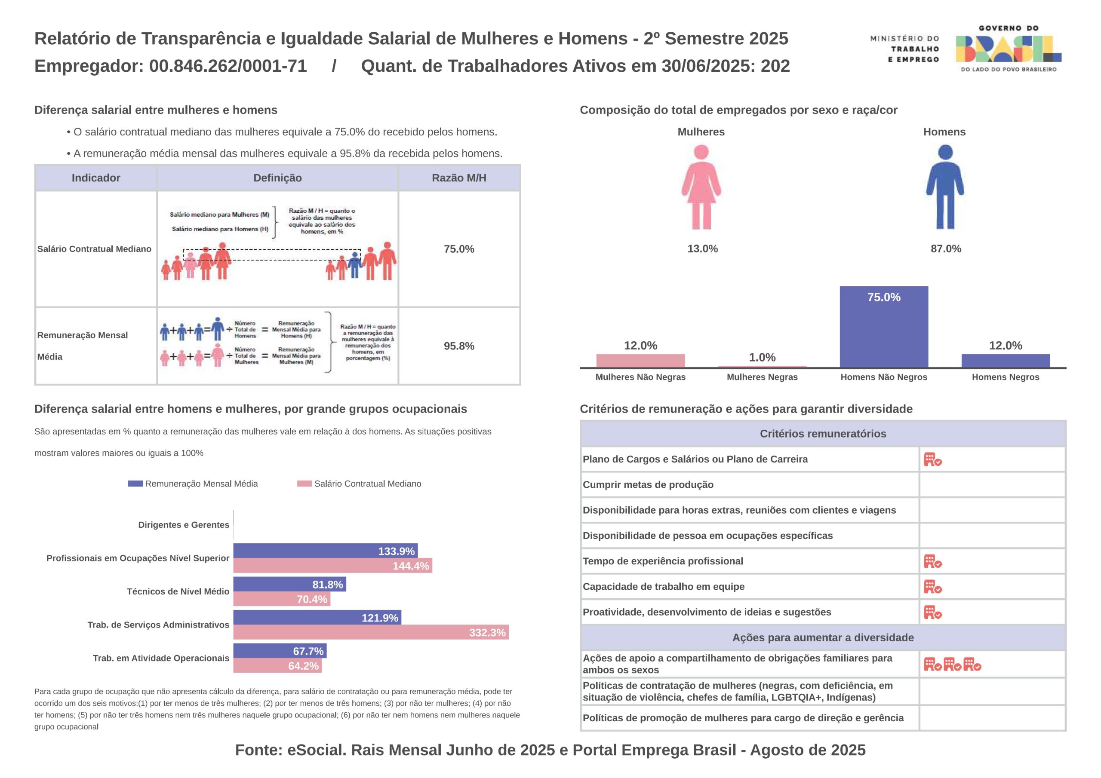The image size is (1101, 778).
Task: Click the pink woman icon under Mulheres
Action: (701, 187)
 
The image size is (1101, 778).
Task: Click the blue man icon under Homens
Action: (945, 187)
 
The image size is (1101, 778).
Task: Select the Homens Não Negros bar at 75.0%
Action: (883, 327)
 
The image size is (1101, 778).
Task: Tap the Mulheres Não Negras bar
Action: (640, 361)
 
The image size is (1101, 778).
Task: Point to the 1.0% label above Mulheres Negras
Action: (762, 357)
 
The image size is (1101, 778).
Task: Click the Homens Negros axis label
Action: (1005, 377)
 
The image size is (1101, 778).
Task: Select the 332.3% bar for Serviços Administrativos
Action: (371, 632)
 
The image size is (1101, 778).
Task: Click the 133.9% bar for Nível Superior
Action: (325, 551)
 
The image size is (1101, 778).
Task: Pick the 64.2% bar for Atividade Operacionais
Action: (277, 666)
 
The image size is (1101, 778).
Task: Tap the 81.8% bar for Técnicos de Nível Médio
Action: (289, 584)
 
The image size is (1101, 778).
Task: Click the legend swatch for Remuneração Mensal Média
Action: (135, 484)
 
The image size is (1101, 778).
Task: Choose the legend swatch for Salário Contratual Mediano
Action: (304, 484)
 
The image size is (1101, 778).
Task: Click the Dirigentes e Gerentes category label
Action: (184, 525)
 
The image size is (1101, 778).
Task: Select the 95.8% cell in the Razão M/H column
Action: (459, 346)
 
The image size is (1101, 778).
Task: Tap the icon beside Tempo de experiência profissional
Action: (933, 561)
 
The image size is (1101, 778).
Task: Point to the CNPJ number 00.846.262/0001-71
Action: (228, 66)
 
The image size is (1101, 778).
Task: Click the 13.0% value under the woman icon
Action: (702, 249)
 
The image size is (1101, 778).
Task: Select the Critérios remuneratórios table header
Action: (823, 434)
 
